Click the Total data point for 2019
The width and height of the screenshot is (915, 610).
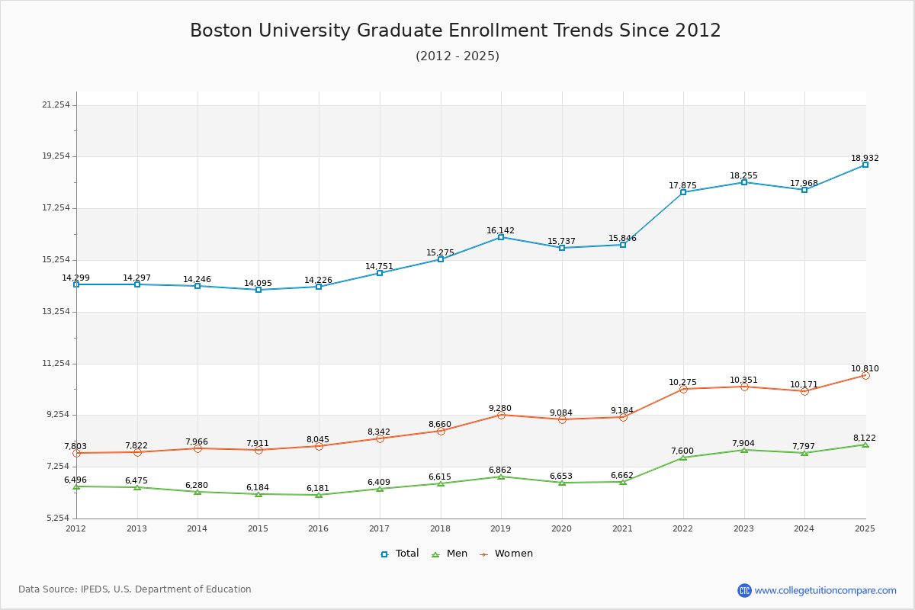[x=501, y=237]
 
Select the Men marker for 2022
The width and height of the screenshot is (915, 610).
[x=683, y=457]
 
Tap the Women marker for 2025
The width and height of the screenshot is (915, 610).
[x=865, y=375]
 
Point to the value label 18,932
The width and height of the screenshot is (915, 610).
[x=865, y=159]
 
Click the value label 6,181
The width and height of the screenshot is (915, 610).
[x=318, y=488]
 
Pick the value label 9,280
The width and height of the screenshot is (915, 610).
[x=500, y=409]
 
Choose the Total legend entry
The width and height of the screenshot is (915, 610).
[x=400, y=554]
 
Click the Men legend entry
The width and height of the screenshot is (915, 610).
[x=451, y=554]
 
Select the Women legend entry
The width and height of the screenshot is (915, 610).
[x=507, y=554]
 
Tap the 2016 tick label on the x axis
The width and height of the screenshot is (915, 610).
[x=318, y=528]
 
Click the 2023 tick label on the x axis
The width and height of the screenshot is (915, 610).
[x=743, y=528]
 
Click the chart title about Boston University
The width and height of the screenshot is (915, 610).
[x=455, y=30]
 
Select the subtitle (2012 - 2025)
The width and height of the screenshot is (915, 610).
[x=457, y=56]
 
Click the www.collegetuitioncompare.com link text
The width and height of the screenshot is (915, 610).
[x=825, y=590]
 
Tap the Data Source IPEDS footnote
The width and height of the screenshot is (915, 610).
[x=135, y=589]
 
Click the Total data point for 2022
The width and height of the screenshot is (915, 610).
[x=683, y=192]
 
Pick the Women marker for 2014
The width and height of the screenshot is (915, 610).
[x=197, y=448]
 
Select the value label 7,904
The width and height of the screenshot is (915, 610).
[x=743, y=444]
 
